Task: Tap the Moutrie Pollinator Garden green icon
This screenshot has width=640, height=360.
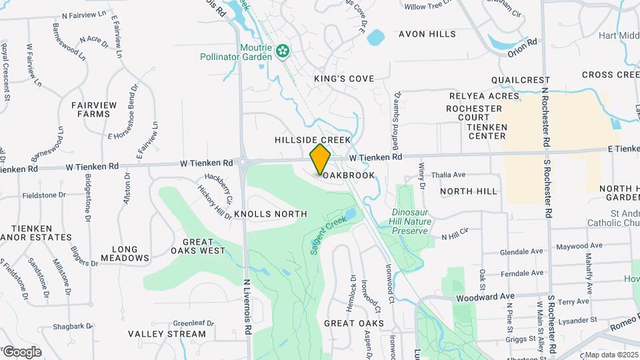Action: tap(283, 49)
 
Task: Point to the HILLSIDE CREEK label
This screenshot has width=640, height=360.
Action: tap(313, 140)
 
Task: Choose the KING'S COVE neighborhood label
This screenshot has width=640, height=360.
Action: tap(344, 79)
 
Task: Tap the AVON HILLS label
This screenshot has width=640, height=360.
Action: tap(427, 34)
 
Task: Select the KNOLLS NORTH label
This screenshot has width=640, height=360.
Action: tap(271, 214)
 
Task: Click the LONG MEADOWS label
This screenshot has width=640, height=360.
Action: tap(125, 253)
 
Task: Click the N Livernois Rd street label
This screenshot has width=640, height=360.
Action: tap(247, 307)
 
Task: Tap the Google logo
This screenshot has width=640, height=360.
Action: tap(21, 351)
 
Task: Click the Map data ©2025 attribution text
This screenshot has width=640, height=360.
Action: tap(611, 355)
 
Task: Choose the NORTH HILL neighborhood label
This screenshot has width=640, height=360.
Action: tap(469, 191)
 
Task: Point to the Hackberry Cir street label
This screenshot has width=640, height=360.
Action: tap(219, 188)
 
